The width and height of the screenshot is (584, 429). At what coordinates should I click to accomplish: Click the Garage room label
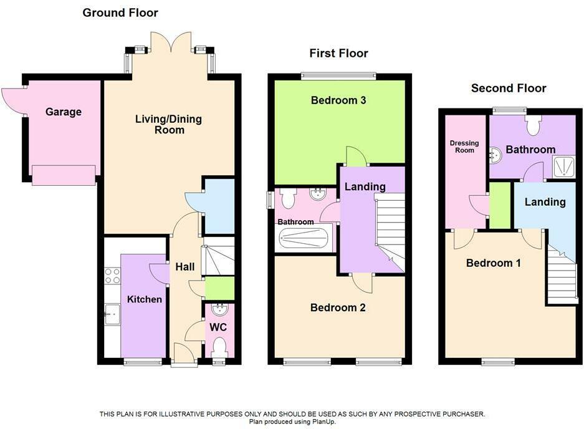coord(63,112)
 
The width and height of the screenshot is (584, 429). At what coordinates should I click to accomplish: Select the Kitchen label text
coord(145,299)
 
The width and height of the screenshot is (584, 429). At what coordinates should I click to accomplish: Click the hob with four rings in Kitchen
coord(112,276)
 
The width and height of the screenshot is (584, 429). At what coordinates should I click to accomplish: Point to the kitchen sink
coord(112,314)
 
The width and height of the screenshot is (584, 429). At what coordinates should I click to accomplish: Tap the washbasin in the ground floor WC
coord(219,309)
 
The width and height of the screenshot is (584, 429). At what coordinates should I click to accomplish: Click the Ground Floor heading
coord(120,12)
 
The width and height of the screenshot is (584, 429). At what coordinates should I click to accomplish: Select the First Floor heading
coord(338,54)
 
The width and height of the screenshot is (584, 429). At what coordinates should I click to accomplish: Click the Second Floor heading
coord(509,89)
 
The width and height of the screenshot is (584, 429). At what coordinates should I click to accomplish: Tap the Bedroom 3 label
coord(338,100)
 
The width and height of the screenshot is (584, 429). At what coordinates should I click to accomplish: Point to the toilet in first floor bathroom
coord(288,199)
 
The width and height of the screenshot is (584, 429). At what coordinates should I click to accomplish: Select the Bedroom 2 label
coord(338,308)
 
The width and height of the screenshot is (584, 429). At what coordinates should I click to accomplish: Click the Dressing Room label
coord(464,147)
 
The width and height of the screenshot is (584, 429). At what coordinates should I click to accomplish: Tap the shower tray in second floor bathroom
coord(563,166)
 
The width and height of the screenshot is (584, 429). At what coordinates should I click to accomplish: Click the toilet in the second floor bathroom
coord(534,125)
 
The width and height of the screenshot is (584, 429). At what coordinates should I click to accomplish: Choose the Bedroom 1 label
coord(494,263)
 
